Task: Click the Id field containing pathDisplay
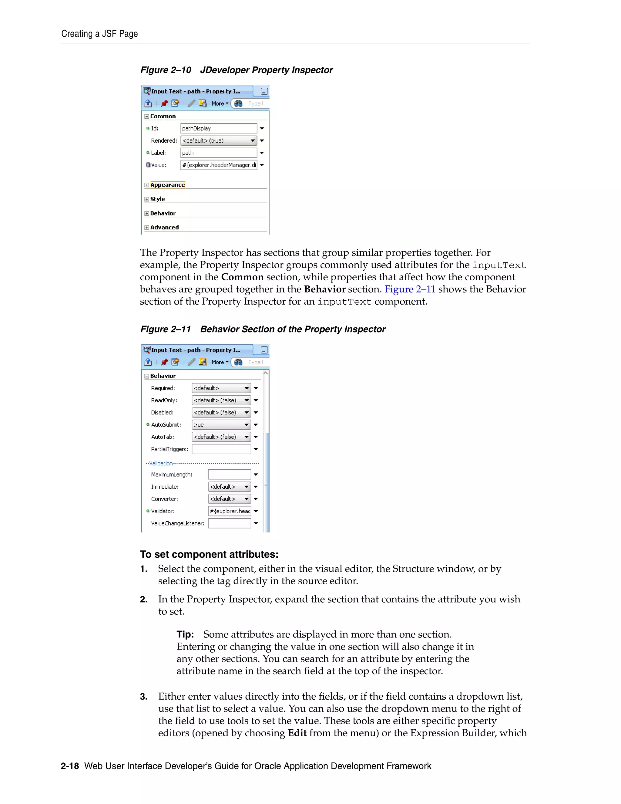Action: click(x=219, y=128)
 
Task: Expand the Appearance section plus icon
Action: click(x=147, y=185)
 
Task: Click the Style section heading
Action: click(x=157, y=199)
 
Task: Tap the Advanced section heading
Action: click(x=164, y=228)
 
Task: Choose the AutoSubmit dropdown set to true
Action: click(x=221, y=425)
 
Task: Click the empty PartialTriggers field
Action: click(x=221, y=449)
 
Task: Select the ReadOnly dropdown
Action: click(x=221, y=400)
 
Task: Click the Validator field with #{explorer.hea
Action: click(x=229, y=511)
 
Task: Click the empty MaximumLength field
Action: click(x=229, y=475)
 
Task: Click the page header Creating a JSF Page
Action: click(x=99, y=34)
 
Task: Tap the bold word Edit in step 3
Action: click(x=297, y=733)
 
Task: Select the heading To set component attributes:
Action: click(x=209, y=554)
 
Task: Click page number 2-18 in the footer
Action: click(x=70, y=766)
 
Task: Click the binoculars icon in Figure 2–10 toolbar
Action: click(x=238, y=103)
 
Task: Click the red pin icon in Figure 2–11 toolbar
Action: click(x=164, y=362)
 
